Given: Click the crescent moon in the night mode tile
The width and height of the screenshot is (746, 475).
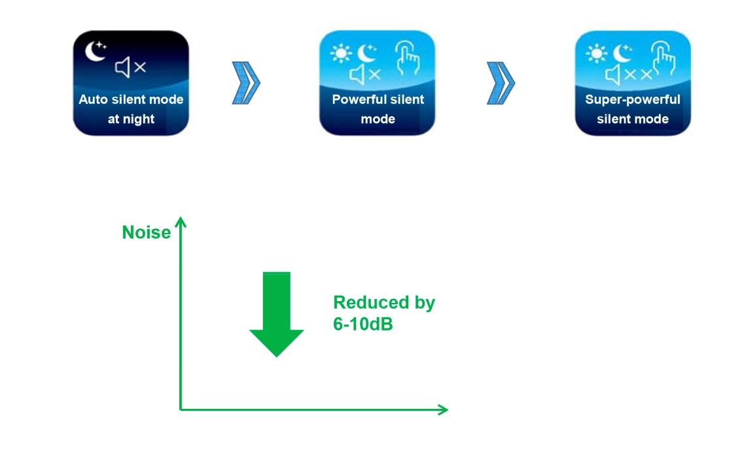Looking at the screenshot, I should [x=95, y=52].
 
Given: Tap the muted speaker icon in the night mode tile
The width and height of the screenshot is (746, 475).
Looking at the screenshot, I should [x=130, y=67].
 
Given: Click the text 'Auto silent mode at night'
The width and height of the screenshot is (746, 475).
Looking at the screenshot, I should [x=131, y=109].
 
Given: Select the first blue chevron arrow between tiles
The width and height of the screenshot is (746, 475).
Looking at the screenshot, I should [x=246, y=84].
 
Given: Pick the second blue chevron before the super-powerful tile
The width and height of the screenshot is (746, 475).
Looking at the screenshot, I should [x=501, y=84].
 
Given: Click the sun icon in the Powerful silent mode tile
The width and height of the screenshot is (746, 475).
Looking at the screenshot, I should [x=341, y=53].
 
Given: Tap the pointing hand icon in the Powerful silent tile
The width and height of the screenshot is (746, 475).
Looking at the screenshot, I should [x=408, y=59].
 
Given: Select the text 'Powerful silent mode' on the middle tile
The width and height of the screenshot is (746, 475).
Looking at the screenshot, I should [x=378, y=109].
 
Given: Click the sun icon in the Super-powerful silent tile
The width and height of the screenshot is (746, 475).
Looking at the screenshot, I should [x=596, y=53].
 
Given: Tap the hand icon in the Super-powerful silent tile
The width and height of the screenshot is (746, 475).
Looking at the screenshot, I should [x=664, y=59].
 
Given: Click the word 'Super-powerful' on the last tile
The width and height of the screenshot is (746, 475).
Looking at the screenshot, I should [x=632, y=100].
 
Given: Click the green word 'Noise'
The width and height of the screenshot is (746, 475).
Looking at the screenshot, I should [x=146, y=232].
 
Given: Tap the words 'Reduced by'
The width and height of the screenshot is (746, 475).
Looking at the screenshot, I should [x=383, y=302].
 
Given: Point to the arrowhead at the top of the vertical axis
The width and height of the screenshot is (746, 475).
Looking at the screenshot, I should [x=181, y=223].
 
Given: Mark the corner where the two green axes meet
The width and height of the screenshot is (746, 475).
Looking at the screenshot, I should [x=181, y=410].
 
